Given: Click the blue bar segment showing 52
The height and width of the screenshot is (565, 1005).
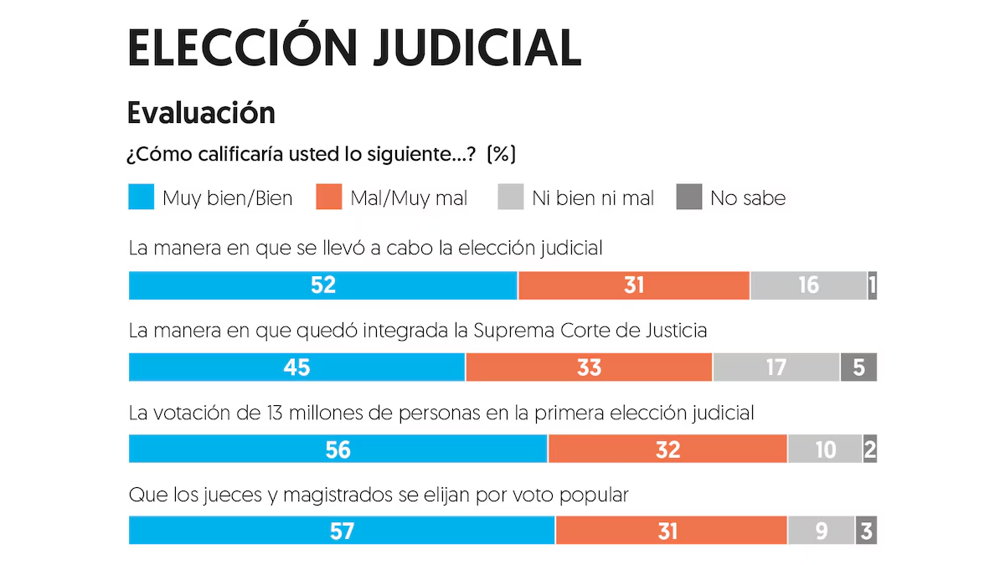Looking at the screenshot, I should [x=322, y=285].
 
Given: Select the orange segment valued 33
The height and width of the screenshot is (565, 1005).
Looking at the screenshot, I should [x=589, y=367].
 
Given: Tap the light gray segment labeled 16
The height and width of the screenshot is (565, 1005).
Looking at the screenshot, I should [x=808, y=285].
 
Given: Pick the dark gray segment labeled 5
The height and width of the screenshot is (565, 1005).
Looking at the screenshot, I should [x=858, y=367].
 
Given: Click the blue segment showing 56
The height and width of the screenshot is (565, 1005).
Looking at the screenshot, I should [x=338, y=449].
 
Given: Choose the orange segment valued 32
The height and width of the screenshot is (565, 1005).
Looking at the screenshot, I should [x=667, y=449].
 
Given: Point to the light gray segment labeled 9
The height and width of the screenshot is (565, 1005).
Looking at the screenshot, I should [x=821, y=532].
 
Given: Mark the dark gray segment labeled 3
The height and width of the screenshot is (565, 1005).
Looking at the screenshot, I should [x=866, y=532].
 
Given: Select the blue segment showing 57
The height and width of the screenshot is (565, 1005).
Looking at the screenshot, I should [x=342, y=532].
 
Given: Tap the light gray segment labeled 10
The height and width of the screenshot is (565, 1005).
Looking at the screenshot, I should [x=825, y=449].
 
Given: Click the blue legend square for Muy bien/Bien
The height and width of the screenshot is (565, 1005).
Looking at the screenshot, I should [x=141, y=198].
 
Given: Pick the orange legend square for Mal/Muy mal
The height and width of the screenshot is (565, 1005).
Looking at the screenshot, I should [x=329, y=198].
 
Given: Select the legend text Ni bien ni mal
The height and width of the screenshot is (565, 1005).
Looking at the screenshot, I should [x=593, y=198].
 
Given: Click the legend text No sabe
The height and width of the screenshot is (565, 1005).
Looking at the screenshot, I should [x=748, y=198].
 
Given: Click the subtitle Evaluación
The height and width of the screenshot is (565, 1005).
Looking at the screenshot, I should [x=201, y=112].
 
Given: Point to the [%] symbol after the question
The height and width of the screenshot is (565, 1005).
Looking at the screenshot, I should [x=502, y=155].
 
